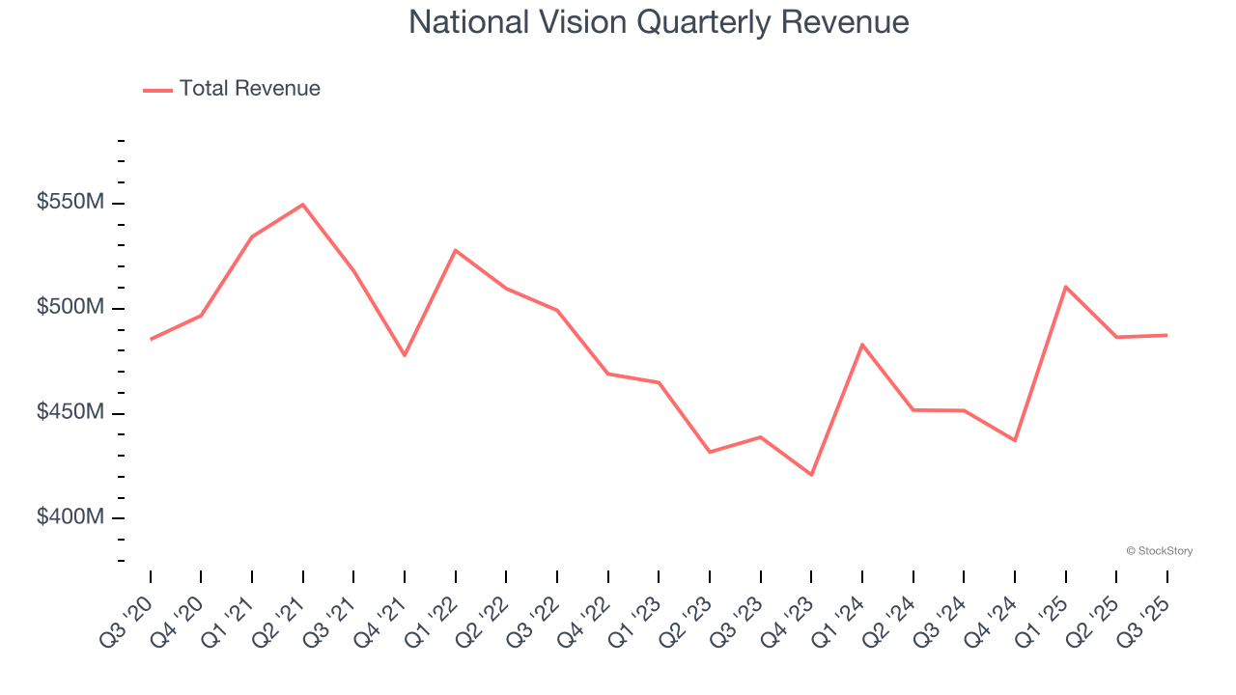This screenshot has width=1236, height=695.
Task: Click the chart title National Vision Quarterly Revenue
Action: pos(659,22)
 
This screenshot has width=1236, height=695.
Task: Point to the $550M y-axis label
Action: pos(70,203)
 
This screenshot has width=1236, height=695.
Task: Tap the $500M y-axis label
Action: pos(70,308)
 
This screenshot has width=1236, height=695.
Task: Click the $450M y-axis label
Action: pos(70,413)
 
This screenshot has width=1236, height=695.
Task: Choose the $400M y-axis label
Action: pos(70,518)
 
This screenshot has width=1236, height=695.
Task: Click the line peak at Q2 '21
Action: pos(303,205)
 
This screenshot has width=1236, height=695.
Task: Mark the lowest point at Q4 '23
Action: pos(811,475)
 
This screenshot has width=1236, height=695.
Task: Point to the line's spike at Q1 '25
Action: pos(1065,287)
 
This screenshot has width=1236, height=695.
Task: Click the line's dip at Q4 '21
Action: pos(405,355)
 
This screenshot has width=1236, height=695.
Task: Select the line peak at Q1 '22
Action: pos(455,250)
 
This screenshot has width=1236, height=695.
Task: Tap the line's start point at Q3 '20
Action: pos(151,339)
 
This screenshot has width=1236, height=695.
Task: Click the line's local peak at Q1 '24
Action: pos(861,345)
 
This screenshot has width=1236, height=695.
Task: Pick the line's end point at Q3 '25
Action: pos(1166,335)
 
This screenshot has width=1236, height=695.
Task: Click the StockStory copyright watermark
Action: pos(1159,551)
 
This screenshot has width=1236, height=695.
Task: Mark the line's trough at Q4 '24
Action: pos(1014,440)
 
